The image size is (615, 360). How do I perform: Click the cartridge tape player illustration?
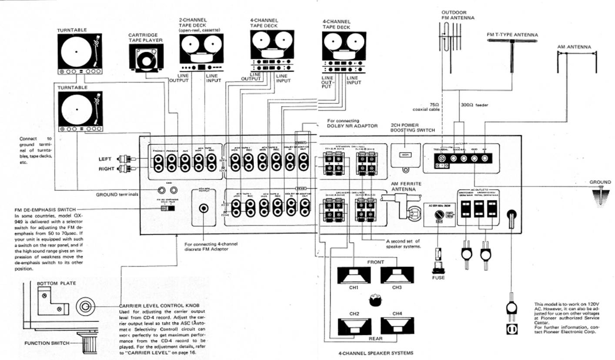point(146,59)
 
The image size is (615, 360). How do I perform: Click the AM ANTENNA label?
point(574,47)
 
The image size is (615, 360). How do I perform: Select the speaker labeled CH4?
point(397,325)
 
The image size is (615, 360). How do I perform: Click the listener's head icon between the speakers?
point(375,300)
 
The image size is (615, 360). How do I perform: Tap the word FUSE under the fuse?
point(438,278)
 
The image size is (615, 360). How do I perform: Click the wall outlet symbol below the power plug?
point(511,330)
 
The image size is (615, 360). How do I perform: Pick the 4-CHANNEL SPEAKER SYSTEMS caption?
point(375,353)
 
